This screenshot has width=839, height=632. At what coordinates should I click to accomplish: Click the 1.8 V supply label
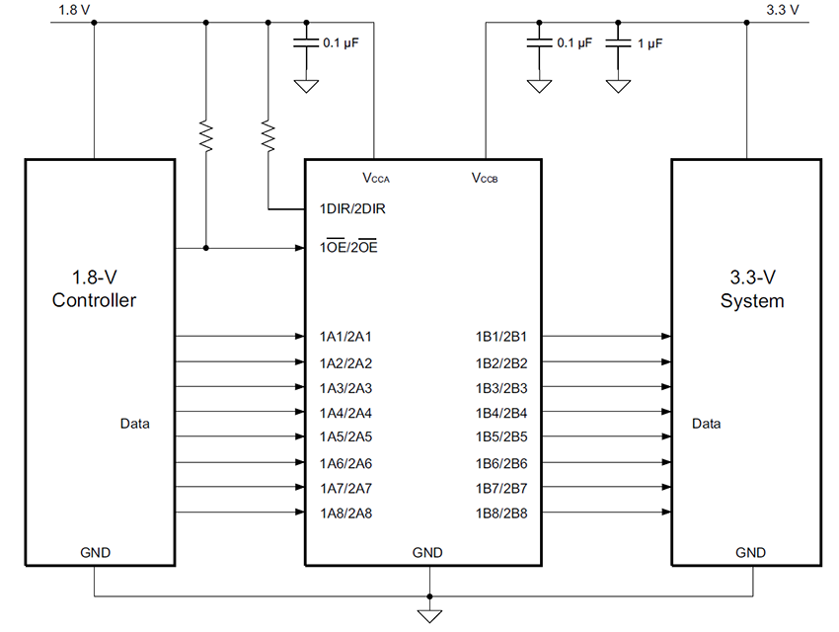click(62, 9)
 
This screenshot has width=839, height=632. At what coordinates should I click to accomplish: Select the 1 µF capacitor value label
click(650, 43)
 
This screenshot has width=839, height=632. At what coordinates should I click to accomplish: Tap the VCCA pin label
click(376, 179)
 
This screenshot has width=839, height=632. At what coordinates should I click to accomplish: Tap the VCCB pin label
click(484, 179)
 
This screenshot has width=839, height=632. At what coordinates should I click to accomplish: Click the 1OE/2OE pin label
click(347, 248)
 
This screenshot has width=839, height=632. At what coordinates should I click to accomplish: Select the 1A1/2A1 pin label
click(345, 337)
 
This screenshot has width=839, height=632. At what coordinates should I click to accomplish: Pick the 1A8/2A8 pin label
click(345, 513)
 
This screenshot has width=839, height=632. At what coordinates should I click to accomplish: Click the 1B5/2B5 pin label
click(501, 436)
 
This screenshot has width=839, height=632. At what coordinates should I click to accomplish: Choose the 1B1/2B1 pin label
click(501, 337)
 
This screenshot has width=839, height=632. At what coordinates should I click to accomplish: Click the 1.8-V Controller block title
click(94, 289)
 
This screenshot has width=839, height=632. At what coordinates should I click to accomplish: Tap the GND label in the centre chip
click(427, 552)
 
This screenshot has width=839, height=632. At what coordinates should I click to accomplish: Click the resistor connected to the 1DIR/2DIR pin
click(268, 135)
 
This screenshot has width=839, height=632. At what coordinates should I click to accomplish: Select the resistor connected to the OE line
click(205, 136)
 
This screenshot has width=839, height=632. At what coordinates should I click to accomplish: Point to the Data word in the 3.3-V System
click(706, 424)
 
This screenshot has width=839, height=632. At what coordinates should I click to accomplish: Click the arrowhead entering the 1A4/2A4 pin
click(298, 412)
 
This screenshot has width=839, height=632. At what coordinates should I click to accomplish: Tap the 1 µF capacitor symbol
click(618, 43)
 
